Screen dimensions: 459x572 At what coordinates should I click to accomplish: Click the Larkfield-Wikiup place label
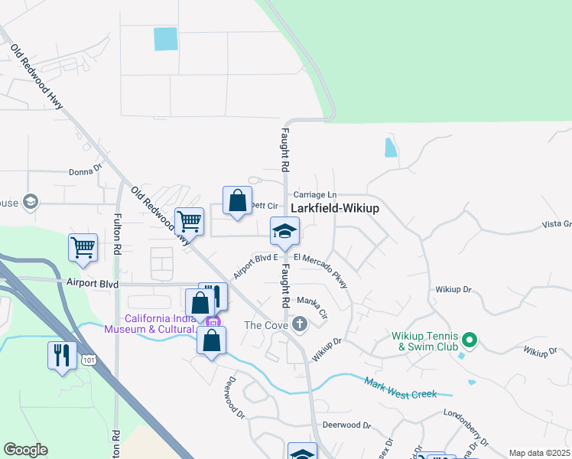(x=335, y=208)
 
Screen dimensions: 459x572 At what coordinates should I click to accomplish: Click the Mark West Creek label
(x=400, y=388)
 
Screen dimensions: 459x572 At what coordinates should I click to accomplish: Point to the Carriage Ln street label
(x=314, y=194)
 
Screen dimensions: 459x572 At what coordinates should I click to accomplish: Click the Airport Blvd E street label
(x=255, y=265)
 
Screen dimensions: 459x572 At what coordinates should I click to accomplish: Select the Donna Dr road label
(x=85, y=172)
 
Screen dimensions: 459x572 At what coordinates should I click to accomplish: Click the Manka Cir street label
(x=312, y=306)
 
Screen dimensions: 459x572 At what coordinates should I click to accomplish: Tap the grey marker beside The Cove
(x=300, y=324)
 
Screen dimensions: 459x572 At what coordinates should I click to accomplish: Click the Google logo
(x=25, y=450)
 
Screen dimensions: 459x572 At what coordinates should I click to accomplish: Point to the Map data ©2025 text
(x=539, y=453)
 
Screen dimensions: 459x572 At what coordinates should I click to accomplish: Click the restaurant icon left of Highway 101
(x=62, y=355)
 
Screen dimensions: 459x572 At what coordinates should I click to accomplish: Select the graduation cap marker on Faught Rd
(x=284, y=232)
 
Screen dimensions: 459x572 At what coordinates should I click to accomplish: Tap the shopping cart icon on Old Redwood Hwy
(x=189, y=222)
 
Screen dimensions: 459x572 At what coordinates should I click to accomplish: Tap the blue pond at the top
(x=164, y=39)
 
